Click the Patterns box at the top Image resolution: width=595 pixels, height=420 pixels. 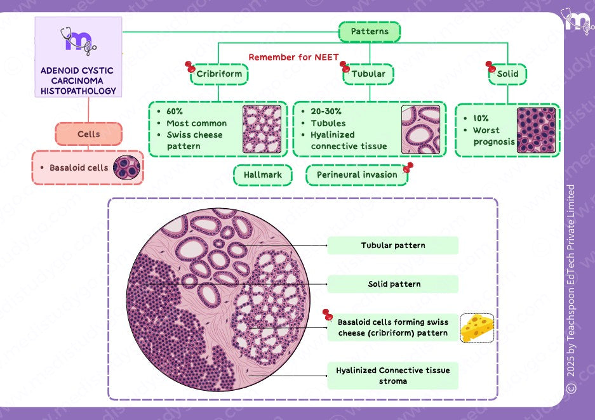pyautogui.click(x=369, y=32)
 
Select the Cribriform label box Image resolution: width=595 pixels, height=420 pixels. pyautogui.click(x=219, y=74)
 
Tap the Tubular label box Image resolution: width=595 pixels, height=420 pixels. pyautogui.click(x=368, y=74)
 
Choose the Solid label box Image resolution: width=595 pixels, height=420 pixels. pyautogui.click(x=507, y=74)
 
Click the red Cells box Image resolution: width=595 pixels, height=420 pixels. pyautogui.click(x=88, y=135)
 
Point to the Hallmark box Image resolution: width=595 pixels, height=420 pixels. pyautogui.click(x=263, y=175)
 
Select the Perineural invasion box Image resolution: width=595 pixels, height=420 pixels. pyautogui.click(x=357, y=175)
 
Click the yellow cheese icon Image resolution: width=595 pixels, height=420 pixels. pyautogui.click(x=477, y=328)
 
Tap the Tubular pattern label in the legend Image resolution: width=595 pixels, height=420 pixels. pyautogui.click(x=392, y=246)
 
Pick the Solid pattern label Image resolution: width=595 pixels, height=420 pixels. pyautogui.click(x=392, y=284)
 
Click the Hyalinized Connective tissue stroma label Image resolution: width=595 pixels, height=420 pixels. pyautogui.click(x=392, y=376)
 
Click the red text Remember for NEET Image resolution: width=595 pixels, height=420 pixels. pyautogui.click(x=293, y=57)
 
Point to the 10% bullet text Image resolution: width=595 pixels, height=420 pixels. pyautogui.click(x=481, y=119)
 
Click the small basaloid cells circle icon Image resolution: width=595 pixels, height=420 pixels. pyautogui.click(x=126, y=167)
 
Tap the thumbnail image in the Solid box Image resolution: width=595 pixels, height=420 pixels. pyautogui.click(x=536, y=130)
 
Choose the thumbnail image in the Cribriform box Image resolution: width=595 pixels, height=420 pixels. pyautogui.click(x=262, y=129)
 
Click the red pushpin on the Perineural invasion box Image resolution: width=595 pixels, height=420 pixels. pyautogui.click(x=408, y=167)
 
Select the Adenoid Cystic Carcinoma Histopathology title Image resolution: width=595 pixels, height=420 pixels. pyautogui.click(x=77, y=81)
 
